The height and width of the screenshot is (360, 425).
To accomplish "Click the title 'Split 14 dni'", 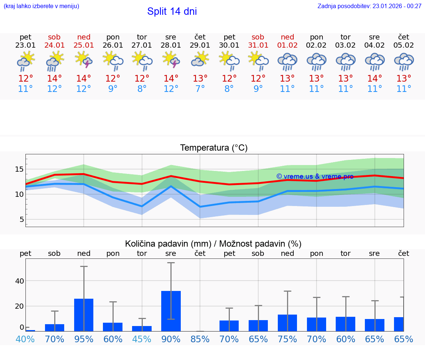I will point(172,11).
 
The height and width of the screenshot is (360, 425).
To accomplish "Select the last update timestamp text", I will point(369,6).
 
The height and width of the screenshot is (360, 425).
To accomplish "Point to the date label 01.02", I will point(287,45).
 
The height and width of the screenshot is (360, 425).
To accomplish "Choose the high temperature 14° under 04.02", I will point(375,79).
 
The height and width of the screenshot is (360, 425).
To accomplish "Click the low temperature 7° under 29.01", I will point(200,89).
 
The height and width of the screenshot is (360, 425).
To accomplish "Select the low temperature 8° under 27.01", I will point(142,89).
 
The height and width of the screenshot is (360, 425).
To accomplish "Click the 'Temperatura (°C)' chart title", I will point(214,148).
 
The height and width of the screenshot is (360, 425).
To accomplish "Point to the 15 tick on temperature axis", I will point(20,169).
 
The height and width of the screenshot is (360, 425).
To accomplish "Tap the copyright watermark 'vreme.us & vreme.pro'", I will point(315,176).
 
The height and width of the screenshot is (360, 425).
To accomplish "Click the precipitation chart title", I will point(213,244).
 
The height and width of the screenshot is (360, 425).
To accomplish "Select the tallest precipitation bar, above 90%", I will point(171,311).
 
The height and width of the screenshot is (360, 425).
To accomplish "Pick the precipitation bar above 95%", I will point(84,315).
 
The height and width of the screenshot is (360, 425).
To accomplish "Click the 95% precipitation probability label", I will point(84,339).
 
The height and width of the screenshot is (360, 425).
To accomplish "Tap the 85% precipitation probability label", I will point(200,339).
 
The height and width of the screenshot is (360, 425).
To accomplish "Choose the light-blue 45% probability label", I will point(142,339).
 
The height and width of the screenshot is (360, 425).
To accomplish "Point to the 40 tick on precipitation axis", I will point(20,281).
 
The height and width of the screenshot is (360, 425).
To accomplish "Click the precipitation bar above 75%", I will point(287,323).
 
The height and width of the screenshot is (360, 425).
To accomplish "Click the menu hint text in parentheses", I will point(41,6).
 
